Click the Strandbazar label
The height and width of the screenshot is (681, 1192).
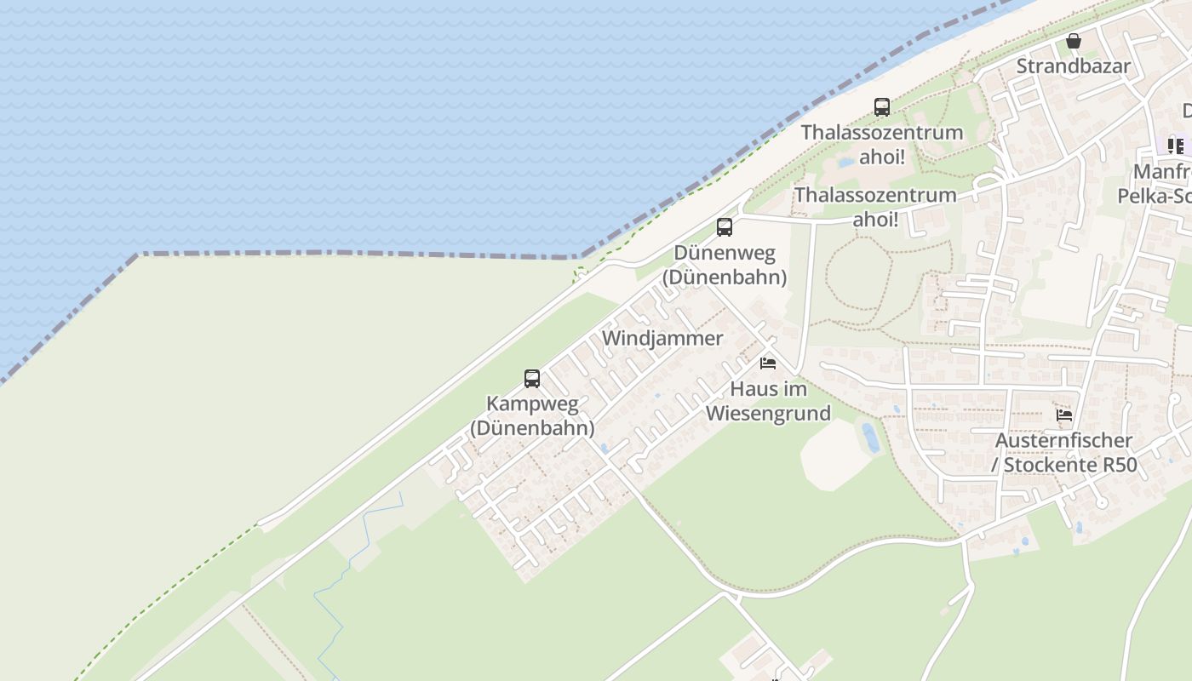[1074, 66]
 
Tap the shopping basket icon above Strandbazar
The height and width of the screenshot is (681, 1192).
[1074, 41]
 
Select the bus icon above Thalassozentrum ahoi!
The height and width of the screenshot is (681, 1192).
[882, 107]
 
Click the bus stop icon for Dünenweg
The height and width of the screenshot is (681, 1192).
[725, 227]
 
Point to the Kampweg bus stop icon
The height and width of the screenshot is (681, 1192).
[532, 379]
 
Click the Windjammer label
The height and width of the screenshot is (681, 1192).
[662, 338]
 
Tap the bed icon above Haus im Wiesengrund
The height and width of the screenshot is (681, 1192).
[768, 363]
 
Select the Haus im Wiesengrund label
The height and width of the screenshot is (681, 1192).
[768, 402]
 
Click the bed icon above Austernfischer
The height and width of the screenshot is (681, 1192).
[1064, 415]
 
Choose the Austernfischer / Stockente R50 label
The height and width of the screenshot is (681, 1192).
[1064, 453]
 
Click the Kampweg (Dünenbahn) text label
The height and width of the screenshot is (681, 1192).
[532, 415]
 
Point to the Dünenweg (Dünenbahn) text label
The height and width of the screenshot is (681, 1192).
[725, 265]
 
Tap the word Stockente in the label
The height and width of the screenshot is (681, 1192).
[1051, 466]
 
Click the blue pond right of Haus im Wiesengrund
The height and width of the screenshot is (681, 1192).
[870, 438]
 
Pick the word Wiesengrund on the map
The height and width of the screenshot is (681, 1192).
[768, 415]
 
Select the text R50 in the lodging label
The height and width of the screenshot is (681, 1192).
[1119, 466]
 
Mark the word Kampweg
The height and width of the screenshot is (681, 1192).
[532, 403]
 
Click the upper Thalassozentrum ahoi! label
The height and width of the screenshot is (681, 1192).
[882, 145]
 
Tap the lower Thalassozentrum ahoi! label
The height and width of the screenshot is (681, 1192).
[875, 207]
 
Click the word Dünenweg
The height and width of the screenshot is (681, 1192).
[725, 253]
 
